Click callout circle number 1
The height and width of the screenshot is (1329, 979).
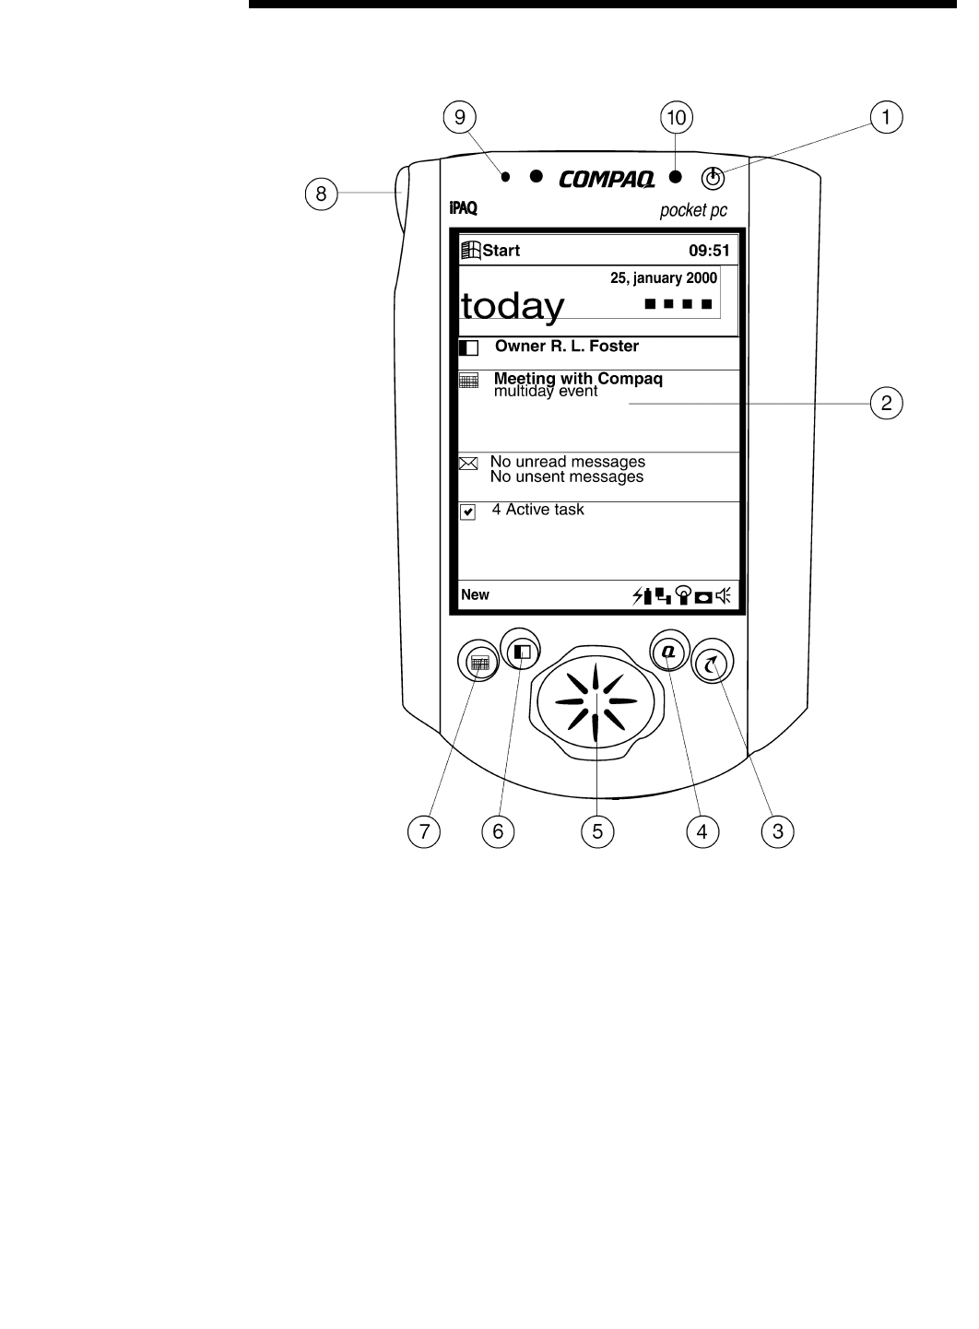coord(887,117)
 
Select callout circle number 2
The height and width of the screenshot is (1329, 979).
coord(886,403)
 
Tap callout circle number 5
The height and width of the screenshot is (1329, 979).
coord(597,831)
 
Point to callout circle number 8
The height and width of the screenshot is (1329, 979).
coord(321,194)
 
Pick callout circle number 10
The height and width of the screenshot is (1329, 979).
coord(677,117)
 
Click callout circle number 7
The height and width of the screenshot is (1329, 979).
coord(424,831)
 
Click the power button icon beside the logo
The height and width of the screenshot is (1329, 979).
coord(713,178)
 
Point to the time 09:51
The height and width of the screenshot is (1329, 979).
coord(709,251)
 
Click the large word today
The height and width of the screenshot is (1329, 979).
coord(513,306)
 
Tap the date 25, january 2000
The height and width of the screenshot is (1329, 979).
coord(664,278)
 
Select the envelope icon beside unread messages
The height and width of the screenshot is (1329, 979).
coord(468,464)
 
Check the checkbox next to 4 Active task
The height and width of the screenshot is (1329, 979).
coord(468,512)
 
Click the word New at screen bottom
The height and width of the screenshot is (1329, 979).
coord(475,595)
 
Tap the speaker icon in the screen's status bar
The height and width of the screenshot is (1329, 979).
coord(722,596)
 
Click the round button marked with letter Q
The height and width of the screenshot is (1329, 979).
coord(667,651)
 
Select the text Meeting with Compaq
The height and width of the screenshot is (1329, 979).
coord(578,378)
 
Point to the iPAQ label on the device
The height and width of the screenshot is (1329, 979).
coord(463,208)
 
